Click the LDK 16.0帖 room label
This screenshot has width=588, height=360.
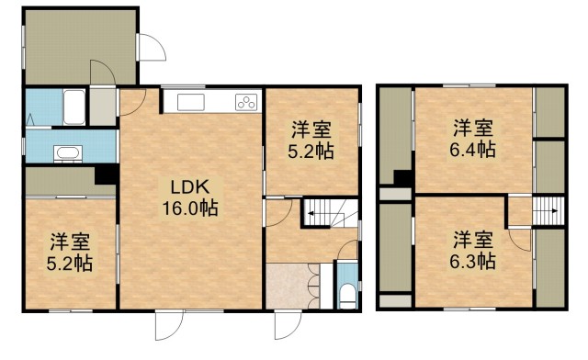(190, 197)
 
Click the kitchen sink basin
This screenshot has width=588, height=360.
(191, 102)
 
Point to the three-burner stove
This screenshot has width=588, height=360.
(246, 102)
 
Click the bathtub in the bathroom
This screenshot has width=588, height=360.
(74, 107)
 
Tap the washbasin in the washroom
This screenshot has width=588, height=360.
(68, 153)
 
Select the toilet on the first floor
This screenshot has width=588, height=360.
(347, 295)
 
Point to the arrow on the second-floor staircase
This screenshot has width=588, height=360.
(548, 210)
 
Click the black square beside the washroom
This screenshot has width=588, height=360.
(107, 174)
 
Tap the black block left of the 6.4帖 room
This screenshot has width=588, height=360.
(403, 178)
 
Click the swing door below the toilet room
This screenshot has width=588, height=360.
(288, 325)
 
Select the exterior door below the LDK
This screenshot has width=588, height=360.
(169, 325)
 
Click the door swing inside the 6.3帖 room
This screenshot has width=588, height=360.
(521, 240)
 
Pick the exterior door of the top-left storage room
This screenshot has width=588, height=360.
(152, 47)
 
